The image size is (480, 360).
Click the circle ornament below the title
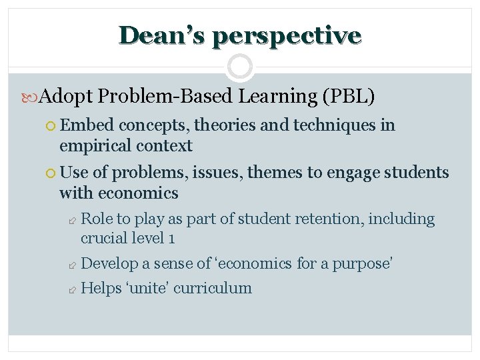(x=240, y=67)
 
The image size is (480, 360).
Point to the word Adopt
(x=66, y=97)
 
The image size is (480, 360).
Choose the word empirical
(x=95, y=146)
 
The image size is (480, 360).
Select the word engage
(x=350, y=173)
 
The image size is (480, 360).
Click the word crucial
(x=103, y=238)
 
